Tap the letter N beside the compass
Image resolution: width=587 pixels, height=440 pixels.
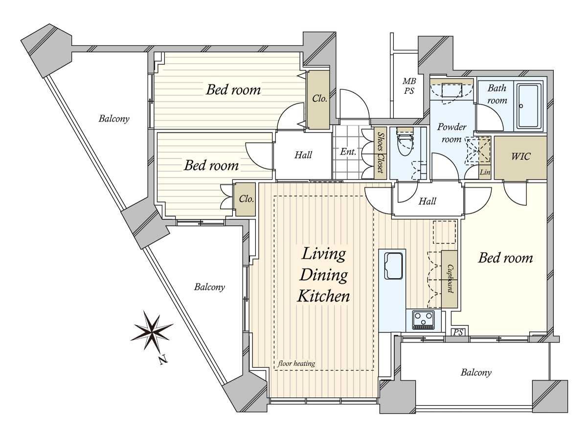click(163, 360)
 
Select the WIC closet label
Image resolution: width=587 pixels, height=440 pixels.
click(520, 156)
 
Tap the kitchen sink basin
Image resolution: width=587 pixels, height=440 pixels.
click(393, 266)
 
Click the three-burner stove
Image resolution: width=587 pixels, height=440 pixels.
click(423, 320)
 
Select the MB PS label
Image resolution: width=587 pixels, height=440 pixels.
click(409, 86)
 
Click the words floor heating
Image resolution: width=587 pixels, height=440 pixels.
click(296, 363)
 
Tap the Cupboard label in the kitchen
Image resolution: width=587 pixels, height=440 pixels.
click(450, 279)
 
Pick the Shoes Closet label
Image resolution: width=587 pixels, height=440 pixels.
click(380, 153)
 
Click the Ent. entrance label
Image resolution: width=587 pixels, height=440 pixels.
click(348, 152)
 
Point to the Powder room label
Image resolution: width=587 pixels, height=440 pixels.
click(452, 133)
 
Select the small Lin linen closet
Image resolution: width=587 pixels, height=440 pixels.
click(485, 172)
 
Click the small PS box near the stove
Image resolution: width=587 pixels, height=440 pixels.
click(458, 332)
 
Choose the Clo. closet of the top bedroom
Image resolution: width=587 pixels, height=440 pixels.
click(319, 99)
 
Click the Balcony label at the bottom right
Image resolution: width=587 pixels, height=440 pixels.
click(476, 373)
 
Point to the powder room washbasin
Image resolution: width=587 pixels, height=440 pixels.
click(452, 90)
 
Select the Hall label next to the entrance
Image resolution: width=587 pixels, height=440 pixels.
click(303, 155)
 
